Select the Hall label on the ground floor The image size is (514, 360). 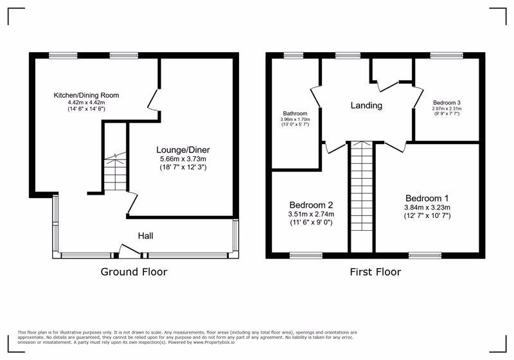click(x=145, y=236)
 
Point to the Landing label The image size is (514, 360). click(x=366, y=105)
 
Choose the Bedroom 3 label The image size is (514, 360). click(x=447, y=102)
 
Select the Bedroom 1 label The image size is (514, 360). click(x=427, y=197)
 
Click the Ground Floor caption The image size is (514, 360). click(x=134, y=272)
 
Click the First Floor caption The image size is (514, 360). click(x=375, y=272)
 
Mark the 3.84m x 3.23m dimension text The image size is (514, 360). click(x=427, y=208)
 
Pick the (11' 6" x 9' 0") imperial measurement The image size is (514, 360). click(x=312, y=222)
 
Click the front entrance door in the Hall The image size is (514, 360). click(x=126, y=251)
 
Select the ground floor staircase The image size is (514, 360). click(x=116, y=171)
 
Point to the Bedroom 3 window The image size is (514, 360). click(x=442, y=56)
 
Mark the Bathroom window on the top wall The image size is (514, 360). click(x=294, y=56)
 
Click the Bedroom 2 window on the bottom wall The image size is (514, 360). click(x=306, y=256)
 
